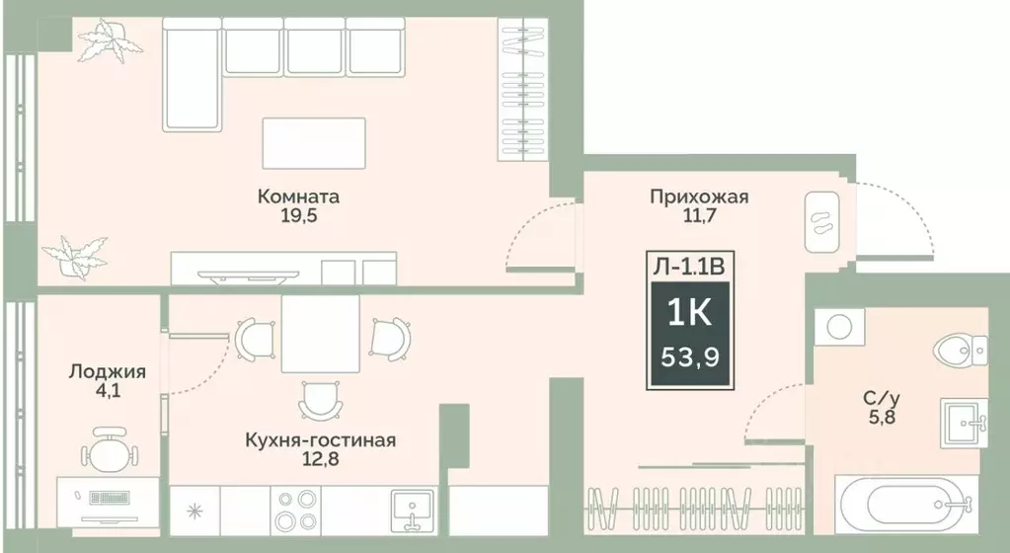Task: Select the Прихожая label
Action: tap(698, 197)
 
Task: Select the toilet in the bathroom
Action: tap(960, 348)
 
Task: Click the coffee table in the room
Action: tap(314, 144)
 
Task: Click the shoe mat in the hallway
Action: tap(821, 221)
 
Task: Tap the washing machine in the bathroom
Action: tap(839, 326)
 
